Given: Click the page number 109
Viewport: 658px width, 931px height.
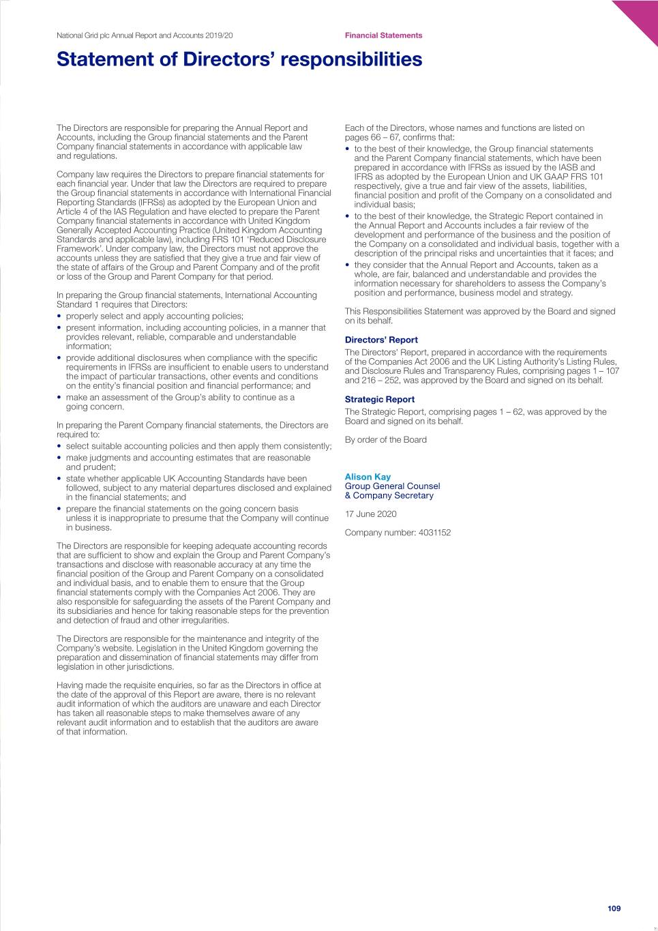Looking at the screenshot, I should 614,908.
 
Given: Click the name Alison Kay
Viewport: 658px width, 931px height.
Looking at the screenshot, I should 368,477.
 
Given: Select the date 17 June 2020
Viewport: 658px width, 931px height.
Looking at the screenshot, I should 370,514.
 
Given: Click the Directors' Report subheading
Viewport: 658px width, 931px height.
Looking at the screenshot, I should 381,340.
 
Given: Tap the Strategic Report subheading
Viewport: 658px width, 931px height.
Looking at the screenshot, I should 379,400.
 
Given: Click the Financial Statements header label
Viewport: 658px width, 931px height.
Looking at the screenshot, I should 383,35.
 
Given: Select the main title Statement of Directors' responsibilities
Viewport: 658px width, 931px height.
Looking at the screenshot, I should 239,59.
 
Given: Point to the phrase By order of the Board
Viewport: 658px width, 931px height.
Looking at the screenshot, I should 385,440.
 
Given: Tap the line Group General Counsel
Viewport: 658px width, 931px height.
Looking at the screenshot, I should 392,486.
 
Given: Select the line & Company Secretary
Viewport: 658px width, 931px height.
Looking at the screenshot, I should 389,496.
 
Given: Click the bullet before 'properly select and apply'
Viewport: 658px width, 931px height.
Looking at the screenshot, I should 59,316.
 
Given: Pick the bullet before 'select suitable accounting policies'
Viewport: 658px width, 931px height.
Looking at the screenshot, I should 59,447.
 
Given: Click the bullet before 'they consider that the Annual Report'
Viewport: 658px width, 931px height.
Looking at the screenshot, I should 348,265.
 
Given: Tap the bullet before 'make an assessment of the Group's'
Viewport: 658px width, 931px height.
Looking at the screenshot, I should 59,398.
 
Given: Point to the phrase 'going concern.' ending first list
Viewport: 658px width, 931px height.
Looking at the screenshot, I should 95,407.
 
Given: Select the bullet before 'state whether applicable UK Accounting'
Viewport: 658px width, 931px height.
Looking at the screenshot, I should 59,479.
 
